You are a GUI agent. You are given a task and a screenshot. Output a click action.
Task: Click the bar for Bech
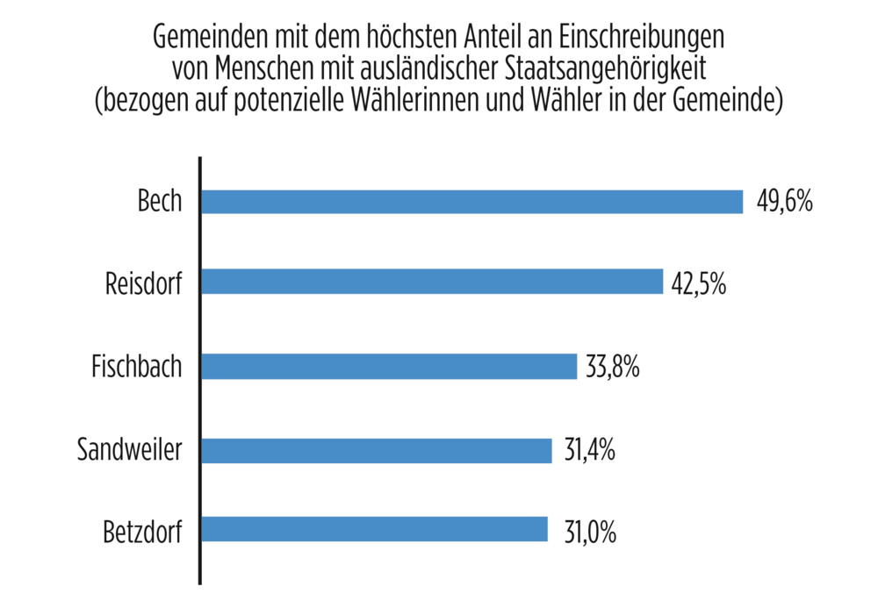472,202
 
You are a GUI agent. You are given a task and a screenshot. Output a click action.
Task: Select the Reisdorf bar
432,282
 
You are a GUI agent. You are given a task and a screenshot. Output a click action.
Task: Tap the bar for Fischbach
389,367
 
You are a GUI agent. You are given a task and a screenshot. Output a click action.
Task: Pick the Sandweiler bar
377,450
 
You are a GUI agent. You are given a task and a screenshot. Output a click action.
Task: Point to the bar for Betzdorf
375,530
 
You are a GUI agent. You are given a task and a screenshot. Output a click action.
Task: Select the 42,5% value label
698,283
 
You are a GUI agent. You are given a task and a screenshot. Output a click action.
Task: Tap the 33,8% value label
611,367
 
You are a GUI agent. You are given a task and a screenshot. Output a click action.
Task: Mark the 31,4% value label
587,451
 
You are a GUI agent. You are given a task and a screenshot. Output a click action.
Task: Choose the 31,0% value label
583,532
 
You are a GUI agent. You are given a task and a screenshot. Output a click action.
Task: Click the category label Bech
160,202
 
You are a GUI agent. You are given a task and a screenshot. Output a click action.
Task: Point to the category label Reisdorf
143,283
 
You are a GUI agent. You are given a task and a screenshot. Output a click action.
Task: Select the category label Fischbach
137,366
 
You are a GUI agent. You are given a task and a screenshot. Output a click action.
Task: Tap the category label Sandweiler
130,450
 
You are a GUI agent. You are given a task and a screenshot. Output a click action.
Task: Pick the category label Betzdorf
141,532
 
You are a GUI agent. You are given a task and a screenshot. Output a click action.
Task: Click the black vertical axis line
200,368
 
